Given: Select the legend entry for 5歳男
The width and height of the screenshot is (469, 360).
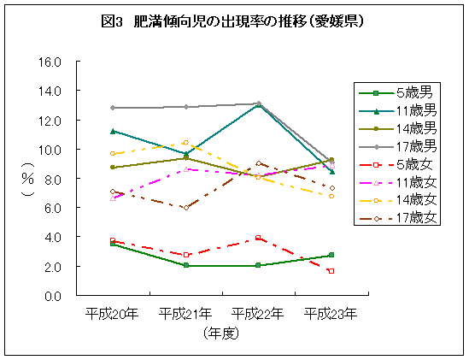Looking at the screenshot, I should point(397,92).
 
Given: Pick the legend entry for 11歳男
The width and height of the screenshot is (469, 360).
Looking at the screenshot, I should point(397,110).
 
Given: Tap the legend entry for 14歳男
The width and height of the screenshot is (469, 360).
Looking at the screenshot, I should point(397,128).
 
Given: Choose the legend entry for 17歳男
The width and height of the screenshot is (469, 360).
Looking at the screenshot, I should point(397,146).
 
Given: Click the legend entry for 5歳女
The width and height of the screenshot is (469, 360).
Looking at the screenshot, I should point(397,164).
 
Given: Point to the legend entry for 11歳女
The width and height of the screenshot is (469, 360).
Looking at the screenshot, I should point(397,182).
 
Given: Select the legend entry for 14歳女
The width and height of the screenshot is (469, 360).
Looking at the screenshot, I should point(397,200).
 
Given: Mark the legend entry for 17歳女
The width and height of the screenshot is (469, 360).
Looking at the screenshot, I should point(397,218).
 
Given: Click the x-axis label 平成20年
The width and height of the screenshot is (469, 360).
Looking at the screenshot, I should point(112,314).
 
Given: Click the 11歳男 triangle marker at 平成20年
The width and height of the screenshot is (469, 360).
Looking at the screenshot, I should point(112,131).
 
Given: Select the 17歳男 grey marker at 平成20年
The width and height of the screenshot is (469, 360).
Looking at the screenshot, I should point(112,108).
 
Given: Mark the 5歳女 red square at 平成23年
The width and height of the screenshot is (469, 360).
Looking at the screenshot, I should point(331,271).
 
